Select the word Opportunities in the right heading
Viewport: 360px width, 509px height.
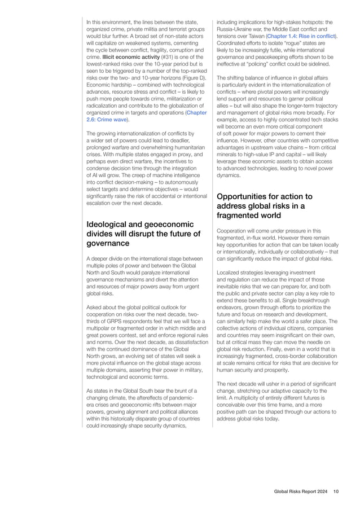[244, 196]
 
